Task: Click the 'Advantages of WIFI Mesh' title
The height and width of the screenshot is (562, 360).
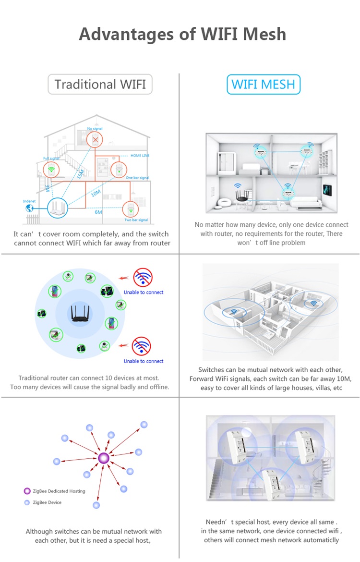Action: pos(182,34)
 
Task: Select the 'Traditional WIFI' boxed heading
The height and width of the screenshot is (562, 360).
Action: pos(100,85)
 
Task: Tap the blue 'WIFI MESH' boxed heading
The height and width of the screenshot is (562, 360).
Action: pos(263,85)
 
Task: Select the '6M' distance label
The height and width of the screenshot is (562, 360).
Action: pos(98,212)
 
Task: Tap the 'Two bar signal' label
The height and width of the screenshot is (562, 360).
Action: pos(137,220)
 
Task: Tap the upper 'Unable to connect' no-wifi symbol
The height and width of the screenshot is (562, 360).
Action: pos(143,278)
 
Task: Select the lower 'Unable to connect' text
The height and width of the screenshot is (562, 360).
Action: pos(144,361)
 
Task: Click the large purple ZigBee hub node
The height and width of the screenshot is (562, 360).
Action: pos(103,458)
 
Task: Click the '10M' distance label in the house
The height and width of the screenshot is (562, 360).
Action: pos(96,193)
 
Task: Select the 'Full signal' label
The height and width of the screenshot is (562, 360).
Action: pos(51,158)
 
